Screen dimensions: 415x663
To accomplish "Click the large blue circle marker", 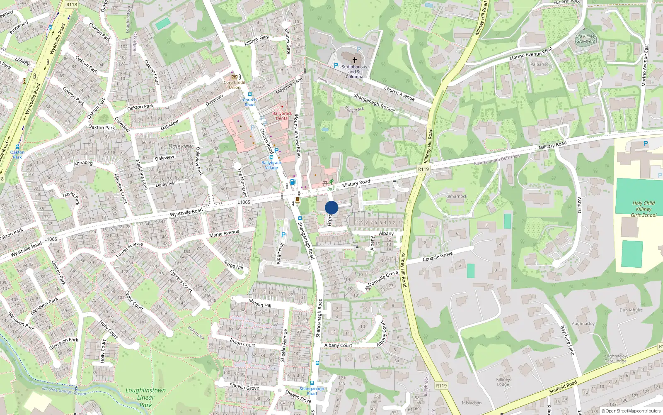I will (x=331, y=207).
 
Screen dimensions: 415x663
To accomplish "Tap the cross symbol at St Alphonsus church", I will (x=354, y=60).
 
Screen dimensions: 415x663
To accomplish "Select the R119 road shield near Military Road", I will (x=423, y=169).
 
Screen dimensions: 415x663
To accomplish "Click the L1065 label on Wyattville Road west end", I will (x=51, y=239).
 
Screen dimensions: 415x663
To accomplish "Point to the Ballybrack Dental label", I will (x=282, y=116).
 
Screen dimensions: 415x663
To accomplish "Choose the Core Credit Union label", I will (x=235, y=85).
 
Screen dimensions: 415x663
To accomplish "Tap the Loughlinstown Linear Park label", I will (x=145, y=397).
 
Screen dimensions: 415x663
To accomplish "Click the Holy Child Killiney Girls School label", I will (x=644, y=209).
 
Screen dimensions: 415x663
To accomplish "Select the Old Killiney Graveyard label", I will (x=586, y=39).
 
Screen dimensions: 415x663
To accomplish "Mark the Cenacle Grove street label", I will (x=438, y=256).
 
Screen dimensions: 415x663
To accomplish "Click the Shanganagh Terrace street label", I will (x=374, y=103).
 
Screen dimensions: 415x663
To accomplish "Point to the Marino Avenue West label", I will (x=530, y=54).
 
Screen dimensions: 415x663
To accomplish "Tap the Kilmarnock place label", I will (x=456, y=196).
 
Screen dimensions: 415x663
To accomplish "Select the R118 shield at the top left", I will (x=72, y=5).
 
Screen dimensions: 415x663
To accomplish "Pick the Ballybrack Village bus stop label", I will (x=271, y=165).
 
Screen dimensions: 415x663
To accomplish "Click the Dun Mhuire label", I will (x=631, y=310).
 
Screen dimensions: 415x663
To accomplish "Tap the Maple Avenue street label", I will (x=224, y=234).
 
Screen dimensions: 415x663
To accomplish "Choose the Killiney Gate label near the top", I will (x=257, y=40).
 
